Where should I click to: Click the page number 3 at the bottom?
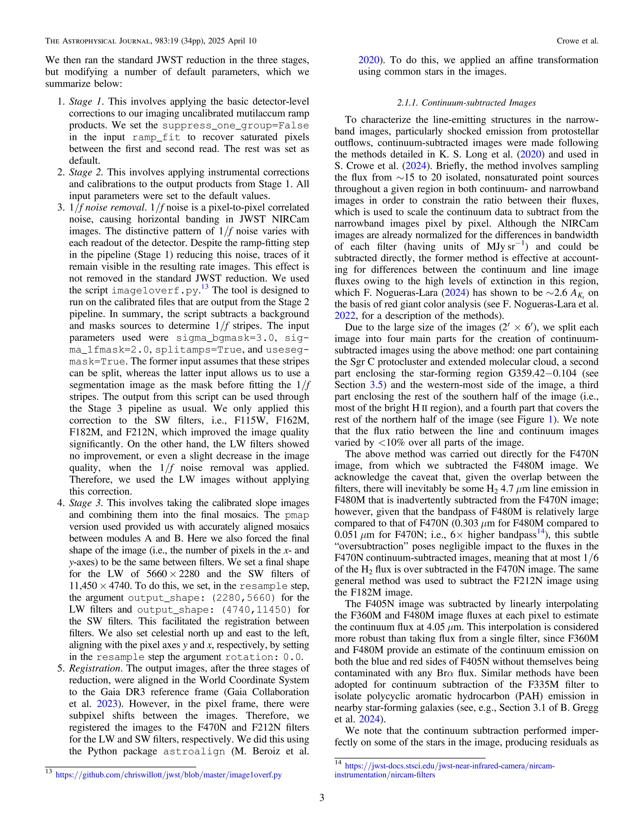[x=322, y=797]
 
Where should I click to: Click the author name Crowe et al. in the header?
[x=577, y=41]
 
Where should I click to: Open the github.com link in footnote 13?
[x=169, y=775]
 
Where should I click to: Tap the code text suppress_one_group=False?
[x=236, y=126]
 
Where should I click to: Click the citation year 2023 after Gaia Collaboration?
[x=107, y=704]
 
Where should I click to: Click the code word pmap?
[x=297, y=515]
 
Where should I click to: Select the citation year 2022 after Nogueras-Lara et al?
[x=345, y=316]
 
